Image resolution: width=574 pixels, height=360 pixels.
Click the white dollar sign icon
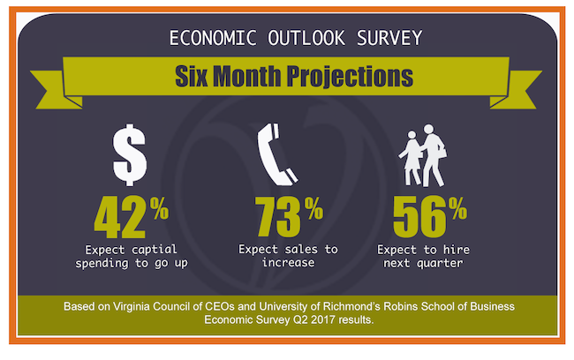(x=130, y=154)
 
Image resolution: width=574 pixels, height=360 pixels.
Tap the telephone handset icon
(x=276, y=154)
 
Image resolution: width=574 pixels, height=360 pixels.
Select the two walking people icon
(x=423, y=156)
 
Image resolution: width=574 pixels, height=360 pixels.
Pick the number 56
(x=419, y=216)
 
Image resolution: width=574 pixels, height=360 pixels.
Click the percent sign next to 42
(x=159, y=208)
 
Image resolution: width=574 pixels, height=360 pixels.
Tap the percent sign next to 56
(x=458, y=208)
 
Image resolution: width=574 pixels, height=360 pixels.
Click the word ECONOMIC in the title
(x=213, y=38)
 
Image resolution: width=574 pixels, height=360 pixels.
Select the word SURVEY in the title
(x=389, y=38)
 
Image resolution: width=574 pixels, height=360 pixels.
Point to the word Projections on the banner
(x=350, y=77)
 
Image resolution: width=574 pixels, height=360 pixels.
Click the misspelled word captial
(x=155, y=250)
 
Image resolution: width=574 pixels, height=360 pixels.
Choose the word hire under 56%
(x=457, y=250)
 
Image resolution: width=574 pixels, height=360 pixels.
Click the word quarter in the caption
(x=440, y=264)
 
